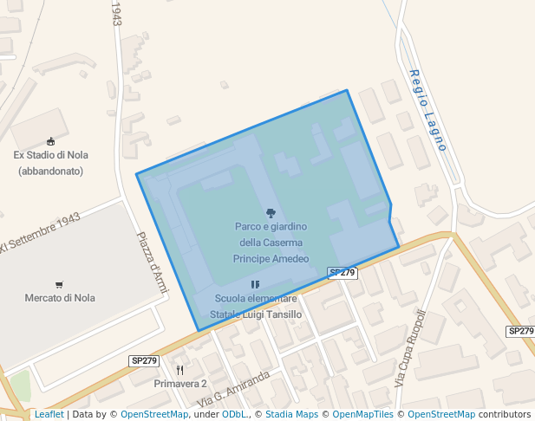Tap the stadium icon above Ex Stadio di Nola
pyautogui.click(x=50, y=141)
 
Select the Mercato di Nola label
pyautogui.click(x=60, y=298)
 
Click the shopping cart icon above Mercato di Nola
pyautogui.click(x=59, y=284)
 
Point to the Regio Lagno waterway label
pyautogui.click(x=427, y=110)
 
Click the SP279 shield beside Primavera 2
pyautogui.click(x=144, y=360)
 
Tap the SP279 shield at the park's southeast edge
pyautogui.click(x=343, y=272)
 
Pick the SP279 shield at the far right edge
pyautogui.click(x=520, y=331)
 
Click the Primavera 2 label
pyautogui.click(x=180, y=383)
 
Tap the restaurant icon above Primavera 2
pyautogui.click(x=179, y=370)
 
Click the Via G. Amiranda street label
pyautogui.click(x=233, y=390)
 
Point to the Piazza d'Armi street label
pyautogui.click(x=151, y=262)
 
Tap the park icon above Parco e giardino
pyautogui.click(x=271, y=212)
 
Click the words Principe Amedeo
pyautogui.click(x=271, y=258)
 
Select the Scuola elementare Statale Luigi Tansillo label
pyautogui.click(x=258, y=307)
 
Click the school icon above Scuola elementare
pyautogui.click(x=255, y=284)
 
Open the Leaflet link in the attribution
pyautogui.click(x=49, y=414)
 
